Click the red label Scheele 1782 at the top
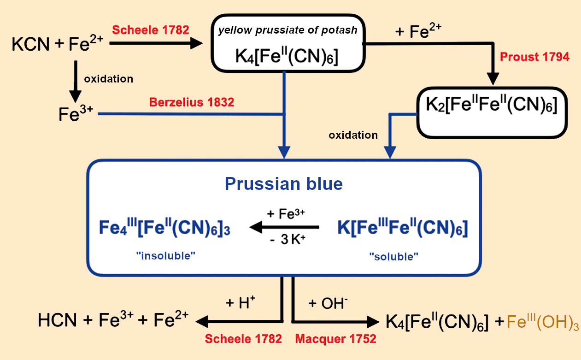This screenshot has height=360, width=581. tap(150, 30)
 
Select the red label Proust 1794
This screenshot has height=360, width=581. tap(534, 57)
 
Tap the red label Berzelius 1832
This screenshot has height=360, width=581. tap(191, 102)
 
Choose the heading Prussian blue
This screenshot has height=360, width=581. tap(283, 184)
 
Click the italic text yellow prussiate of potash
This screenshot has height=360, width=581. tap(288, 31)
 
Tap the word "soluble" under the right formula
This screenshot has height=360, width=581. tap(394, 257)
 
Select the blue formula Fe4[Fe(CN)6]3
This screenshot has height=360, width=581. tap(164, 229)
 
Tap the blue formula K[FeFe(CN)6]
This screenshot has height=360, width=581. tap(402, 229)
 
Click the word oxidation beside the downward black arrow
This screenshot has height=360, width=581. tap(108, 79)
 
